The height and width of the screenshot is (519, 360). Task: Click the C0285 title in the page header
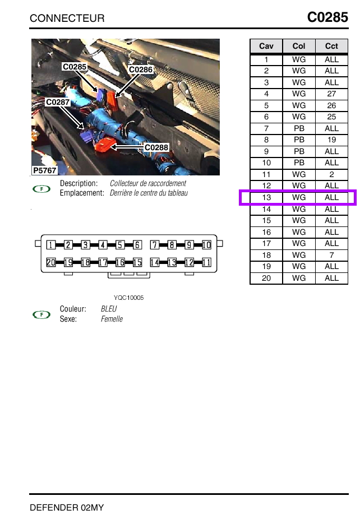pyautogui.click(x=327, y=17)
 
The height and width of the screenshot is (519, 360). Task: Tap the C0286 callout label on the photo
pyautogui.click(x=140, y=69)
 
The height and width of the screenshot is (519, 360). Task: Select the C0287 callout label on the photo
pyautogui.click(x=58, y=102)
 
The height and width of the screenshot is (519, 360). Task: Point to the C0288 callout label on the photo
pyautogui.click(x=156, y=147)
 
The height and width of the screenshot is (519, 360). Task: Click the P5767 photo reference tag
pyautogui.click(x=45, y=170)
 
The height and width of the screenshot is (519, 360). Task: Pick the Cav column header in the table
pyautogui.click(x=266, y=46)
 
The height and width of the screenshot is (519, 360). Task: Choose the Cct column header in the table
pyautogui.click(x=331, y=46)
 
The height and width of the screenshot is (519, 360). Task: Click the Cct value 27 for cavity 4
pyautogui.click(x=331, y=94)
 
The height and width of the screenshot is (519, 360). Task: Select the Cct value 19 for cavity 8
pyautogui.click(x=331, y=140)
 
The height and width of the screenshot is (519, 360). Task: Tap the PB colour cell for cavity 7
pyautogui.click(x=299, y=128)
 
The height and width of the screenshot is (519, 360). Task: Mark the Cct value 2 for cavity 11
pyautogui.click(x=331, y=174)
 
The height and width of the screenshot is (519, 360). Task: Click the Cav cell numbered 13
pyautogui.click(x=266, y=197)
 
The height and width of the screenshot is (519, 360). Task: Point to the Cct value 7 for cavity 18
pyautogui.click(x=331, y=255)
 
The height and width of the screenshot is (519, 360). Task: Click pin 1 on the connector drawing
pyautogui.click(x=51, y=245)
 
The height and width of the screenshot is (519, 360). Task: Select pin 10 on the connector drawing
pyautogui.click(x=206, y=245)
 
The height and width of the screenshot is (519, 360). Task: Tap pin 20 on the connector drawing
pyautogui.click(x=51, y=262)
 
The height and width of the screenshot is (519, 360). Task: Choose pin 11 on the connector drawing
pyautogui.click(x=206, y=262)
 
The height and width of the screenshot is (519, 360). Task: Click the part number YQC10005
pyautogui.click(x=129, y=298)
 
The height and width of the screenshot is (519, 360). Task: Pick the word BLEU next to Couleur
pyautogui.click(x=109, y=309)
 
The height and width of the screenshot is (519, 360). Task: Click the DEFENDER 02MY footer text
pyautogui.click(x=67, y=508)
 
